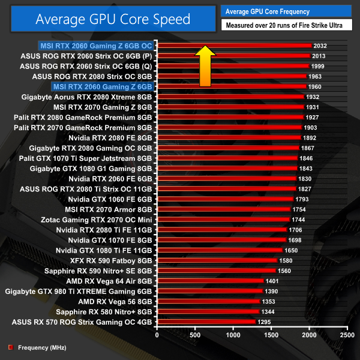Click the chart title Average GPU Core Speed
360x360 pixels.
click(112, 19)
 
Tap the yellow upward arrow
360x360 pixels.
click(205, 65)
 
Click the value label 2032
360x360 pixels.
click(320, 45)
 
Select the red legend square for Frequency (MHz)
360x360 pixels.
click(10, 347)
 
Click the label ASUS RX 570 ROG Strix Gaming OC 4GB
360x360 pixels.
click(82, 322)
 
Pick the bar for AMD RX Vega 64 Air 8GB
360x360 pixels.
click(210, 281)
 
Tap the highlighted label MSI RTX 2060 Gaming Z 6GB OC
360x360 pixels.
click(96, 45)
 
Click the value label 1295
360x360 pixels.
click(265, 322)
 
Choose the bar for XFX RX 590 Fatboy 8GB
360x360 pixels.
click(217, 260)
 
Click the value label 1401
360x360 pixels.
click(272, 281)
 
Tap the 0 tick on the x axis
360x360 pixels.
click(157, 334)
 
